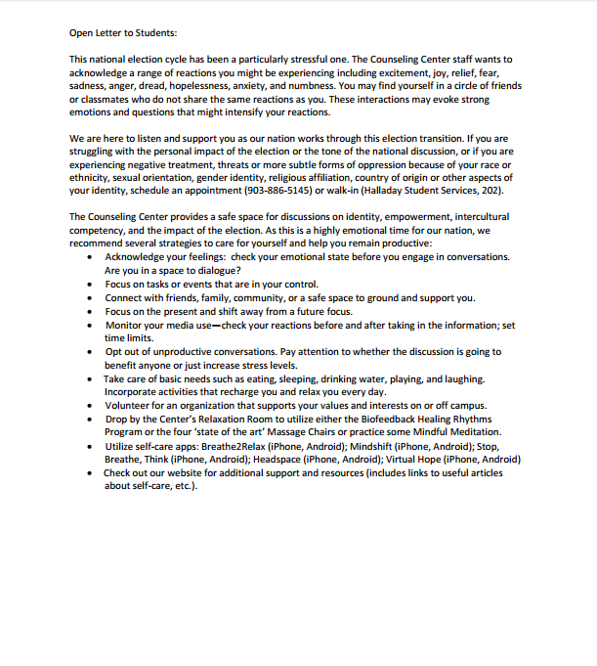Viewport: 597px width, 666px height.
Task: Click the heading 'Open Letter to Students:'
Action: pos(123,32)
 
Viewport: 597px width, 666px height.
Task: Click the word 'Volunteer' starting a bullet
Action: pos(129,405)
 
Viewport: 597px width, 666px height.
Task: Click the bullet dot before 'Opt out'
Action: pos(91,351)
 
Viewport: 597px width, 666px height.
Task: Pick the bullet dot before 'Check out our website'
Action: pos(91,472)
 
